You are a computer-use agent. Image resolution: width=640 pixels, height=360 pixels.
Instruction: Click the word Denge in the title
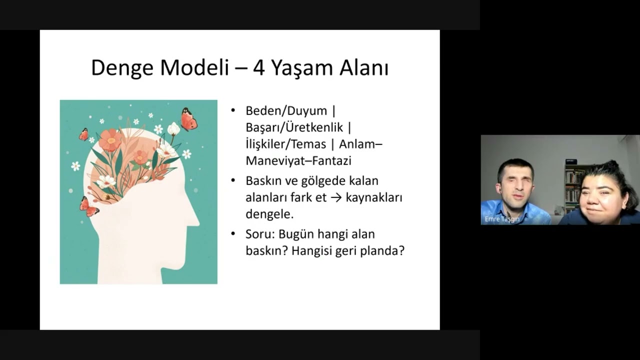(122, 68)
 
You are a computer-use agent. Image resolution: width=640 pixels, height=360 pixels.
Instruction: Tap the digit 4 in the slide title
(258, 68)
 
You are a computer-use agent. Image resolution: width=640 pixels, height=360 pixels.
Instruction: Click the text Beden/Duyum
(286, 111)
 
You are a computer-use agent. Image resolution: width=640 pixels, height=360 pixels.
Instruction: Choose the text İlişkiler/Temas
(285, 144)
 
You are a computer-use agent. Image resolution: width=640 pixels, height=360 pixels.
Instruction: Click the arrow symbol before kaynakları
(336, 197)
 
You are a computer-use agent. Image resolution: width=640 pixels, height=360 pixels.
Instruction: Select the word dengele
(269, 214)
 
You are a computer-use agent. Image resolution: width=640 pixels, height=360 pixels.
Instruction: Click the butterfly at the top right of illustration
(188, 119)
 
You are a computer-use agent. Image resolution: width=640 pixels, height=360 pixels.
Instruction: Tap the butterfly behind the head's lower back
(89, 206)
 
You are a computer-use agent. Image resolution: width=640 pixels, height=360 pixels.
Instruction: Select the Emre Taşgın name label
(501, 219)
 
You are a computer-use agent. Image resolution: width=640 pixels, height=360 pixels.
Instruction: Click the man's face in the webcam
(515, 184)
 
